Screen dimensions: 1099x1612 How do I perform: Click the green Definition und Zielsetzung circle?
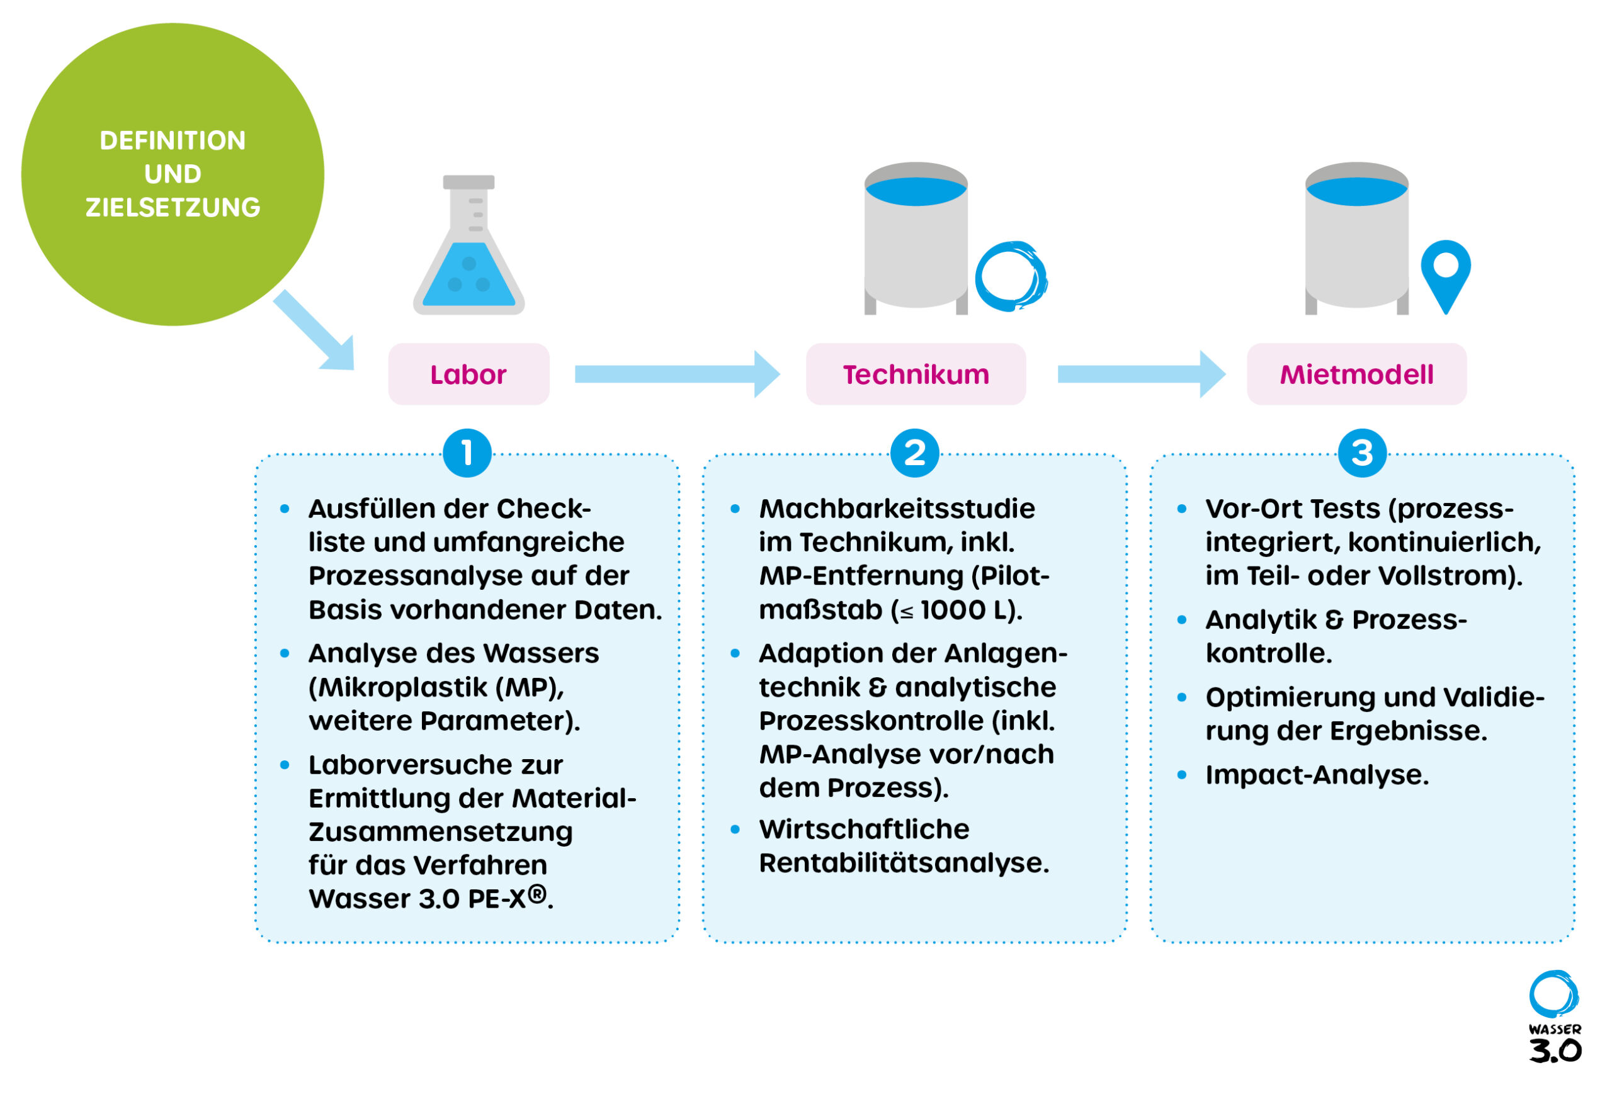point(172,174)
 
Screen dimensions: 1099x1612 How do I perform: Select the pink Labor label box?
point(468,375)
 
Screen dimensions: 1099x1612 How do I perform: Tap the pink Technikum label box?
point(915,375)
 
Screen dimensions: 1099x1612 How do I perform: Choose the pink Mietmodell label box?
point(1356,375)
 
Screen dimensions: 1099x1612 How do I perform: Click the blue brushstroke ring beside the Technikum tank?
point(1010,276)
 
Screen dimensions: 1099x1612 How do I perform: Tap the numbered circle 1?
point(467,453)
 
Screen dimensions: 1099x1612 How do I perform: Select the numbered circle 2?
point(914,453)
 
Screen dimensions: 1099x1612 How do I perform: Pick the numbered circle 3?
point(1361,453)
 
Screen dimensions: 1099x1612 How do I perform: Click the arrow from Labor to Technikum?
point(676,375)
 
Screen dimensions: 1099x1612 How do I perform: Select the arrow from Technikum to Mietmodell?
point(1141,375)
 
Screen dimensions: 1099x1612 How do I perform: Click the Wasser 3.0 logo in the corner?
point(1555,1017)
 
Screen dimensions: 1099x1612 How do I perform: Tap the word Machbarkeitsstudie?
point(897,509)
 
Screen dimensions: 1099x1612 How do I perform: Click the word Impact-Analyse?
point(1317,774)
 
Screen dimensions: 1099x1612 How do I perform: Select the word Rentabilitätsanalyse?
point(903,863)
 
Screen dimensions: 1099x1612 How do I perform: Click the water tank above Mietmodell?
point(1356,236)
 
